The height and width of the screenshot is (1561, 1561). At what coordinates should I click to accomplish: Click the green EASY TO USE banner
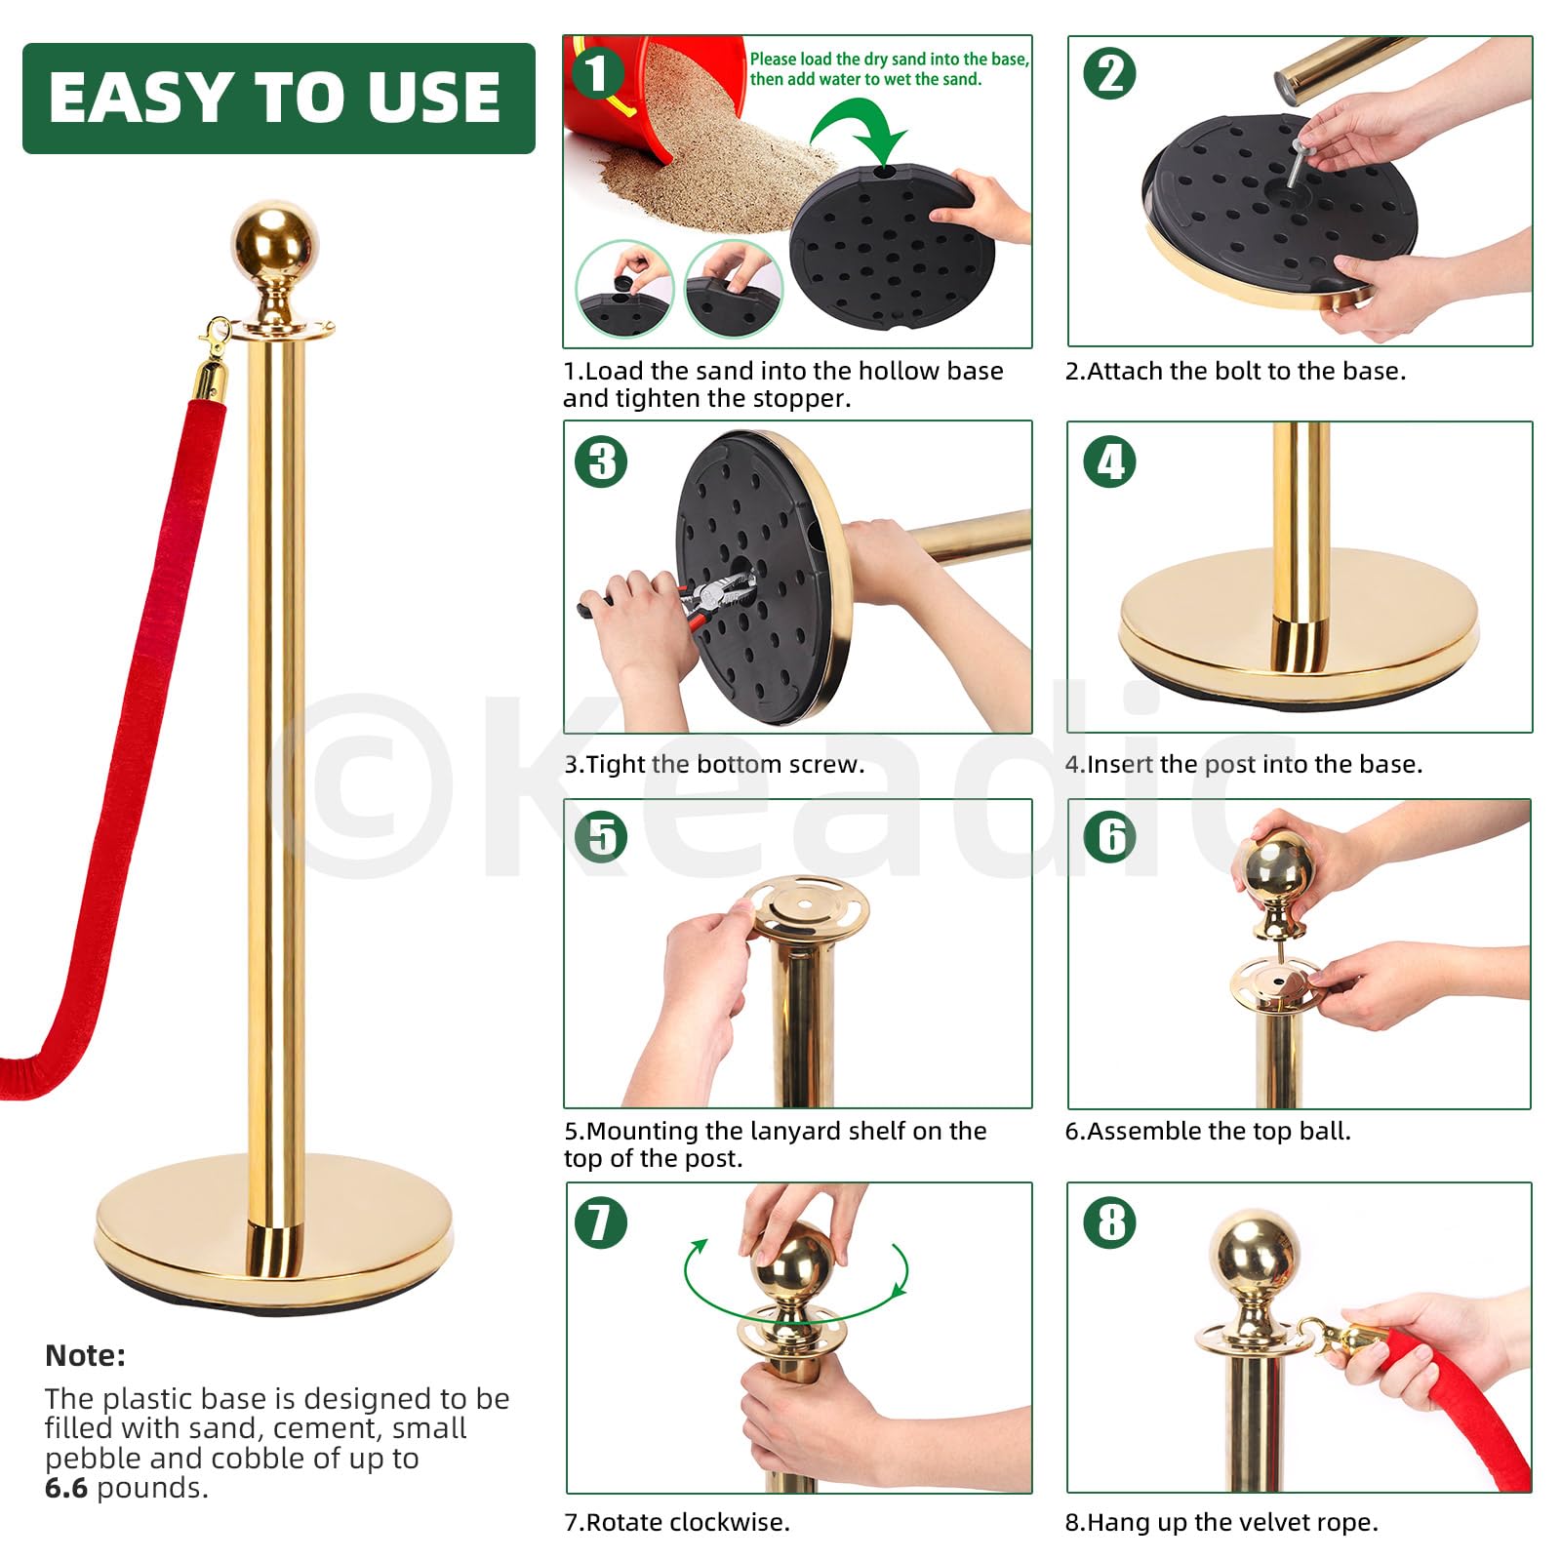coord(279,98)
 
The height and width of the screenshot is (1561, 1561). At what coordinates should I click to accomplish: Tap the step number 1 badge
coord(597,72)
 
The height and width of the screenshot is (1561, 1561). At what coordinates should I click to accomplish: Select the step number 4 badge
coord(1110,462)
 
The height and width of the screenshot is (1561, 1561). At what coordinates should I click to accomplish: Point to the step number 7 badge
coord(601,1222)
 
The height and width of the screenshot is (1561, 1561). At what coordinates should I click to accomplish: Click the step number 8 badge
coord(1110,1222)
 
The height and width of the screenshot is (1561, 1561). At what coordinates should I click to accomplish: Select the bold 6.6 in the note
coord(66,1488)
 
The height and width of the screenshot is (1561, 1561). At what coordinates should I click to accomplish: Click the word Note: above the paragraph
coord(85,1355)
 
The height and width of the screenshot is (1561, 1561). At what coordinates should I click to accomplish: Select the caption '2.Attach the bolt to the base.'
coord(1235,371)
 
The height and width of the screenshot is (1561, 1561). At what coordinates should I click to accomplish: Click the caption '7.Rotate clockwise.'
coord(677,1522)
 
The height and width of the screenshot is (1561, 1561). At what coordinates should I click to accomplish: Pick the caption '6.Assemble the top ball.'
coord(1208,1131)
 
